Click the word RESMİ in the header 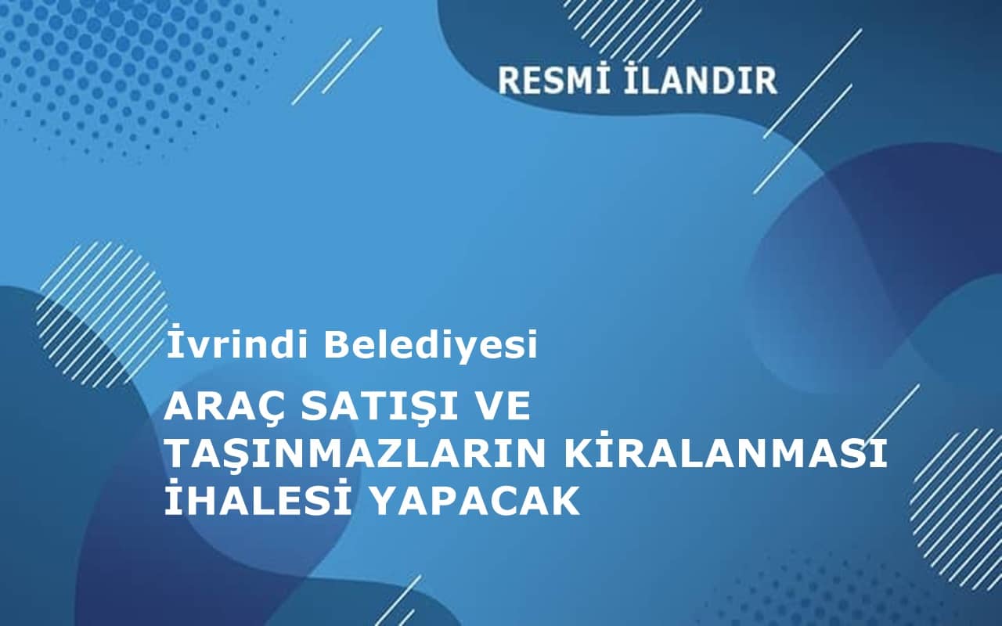point(551,81)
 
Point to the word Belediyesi point(431,345)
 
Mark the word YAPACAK point(473,501)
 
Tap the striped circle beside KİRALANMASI point(959,501)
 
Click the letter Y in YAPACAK point(380,501)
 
